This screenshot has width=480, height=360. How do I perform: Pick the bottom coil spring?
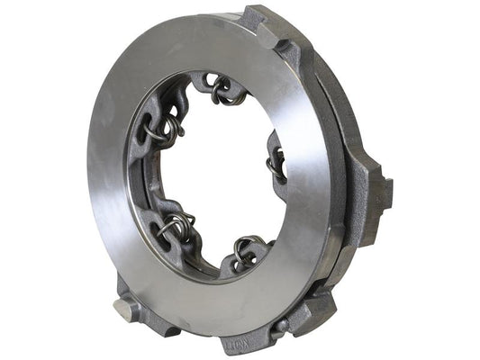coord(245,251)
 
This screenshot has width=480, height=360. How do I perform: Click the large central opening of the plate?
coord(216,171)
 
